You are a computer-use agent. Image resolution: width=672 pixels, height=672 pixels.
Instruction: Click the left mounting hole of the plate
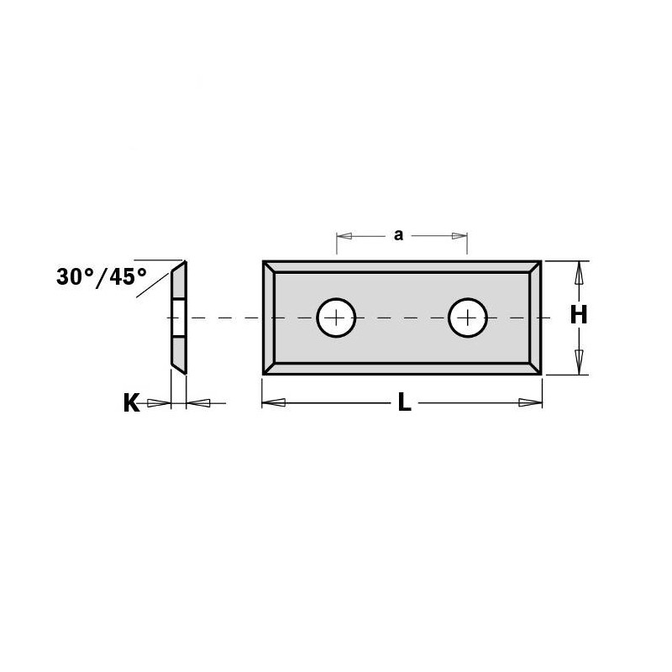[x=336, y=318]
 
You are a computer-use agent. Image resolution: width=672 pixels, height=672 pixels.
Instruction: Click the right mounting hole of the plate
[x=468, y=318]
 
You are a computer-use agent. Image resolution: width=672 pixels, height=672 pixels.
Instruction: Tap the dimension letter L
[x=404, y=403]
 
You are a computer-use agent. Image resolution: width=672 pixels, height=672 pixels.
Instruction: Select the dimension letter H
[x=579, y=316]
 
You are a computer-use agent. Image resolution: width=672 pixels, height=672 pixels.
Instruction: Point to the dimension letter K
[x=131, y=404]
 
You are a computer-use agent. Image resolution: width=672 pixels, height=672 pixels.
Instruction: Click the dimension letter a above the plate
[x=399, y=235]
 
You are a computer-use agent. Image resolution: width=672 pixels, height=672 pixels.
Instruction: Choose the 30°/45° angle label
[x=102, y=276]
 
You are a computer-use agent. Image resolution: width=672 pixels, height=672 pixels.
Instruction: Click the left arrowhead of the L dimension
[x=274, y=403]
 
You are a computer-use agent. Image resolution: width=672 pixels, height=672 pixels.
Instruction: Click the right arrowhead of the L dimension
[x=530, y=403]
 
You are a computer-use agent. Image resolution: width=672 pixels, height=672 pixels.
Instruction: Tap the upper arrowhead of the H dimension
[x=579, y=274]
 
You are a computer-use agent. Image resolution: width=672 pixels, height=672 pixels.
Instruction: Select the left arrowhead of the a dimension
[x=345, y=235]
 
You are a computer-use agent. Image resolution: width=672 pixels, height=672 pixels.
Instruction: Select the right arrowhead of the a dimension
[x=459, y=235]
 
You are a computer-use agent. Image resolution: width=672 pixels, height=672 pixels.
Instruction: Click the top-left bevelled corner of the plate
[x=269, y=266]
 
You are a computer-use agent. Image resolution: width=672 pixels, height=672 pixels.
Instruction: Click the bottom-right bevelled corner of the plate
[x=535, y=368]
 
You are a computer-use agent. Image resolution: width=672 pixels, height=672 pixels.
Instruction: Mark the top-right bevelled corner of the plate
[x=535, y=266]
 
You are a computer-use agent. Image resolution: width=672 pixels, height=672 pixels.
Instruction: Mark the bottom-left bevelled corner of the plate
[x=269, y=368]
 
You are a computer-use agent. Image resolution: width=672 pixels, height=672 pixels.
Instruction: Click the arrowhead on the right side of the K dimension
[x=198, y=404]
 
